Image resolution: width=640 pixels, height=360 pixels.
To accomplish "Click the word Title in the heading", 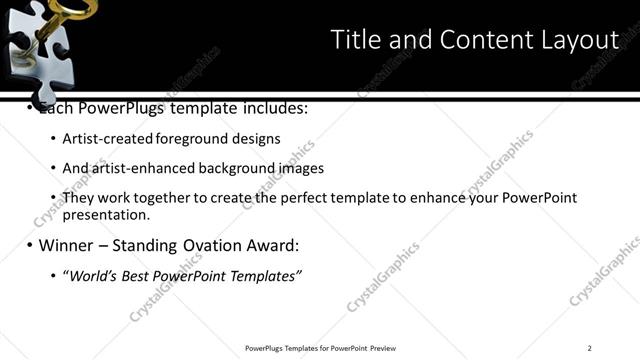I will (x=355, y=40).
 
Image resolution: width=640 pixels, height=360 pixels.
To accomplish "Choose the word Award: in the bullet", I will (x=274, y=245).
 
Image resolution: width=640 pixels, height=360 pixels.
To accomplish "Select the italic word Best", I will (x=135, y=275).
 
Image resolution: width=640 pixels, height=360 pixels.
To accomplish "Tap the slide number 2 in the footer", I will (x=590, y=348).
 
